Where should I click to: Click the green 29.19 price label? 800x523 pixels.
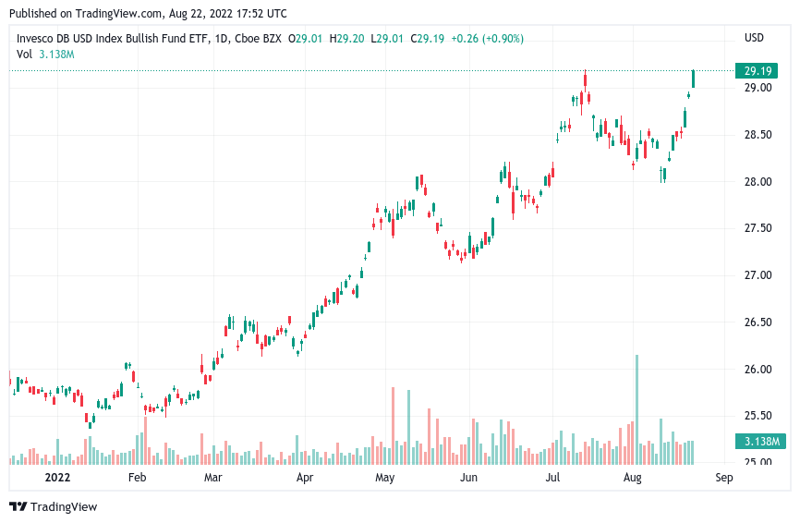tap(757, 71)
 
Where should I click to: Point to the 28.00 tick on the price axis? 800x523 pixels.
tap(758, 182)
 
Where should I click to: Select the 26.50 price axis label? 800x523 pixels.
tap(758, 322)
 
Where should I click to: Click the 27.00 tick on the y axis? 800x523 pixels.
tap(758, 275)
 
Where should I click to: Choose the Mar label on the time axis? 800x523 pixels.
tap(212, 478)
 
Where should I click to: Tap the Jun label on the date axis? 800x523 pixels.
tap(468, 478)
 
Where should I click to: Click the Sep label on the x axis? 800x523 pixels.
tap(724, 478)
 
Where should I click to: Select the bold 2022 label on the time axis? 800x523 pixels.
tap(57, 478)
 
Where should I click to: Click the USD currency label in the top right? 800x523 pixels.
tap(754, 38)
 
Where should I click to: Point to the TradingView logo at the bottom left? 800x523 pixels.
tap(53, 506)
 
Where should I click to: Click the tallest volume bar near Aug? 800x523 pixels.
tap(636, 409)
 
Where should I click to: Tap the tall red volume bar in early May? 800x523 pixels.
tap(393, 426)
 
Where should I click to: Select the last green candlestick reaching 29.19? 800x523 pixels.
tap(693, 79)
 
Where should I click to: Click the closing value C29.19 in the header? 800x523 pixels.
tap(427, 39)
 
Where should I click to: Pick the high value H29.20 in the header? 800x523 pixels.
tap(347, 39)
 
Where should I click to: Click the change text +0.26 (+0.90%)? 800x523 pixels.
tap(487, 39)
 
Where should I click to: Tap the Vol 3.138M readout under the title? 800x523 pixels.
tap(45, 55)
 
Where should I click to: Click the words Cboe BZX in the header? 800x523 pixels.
tap(258, 39)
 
